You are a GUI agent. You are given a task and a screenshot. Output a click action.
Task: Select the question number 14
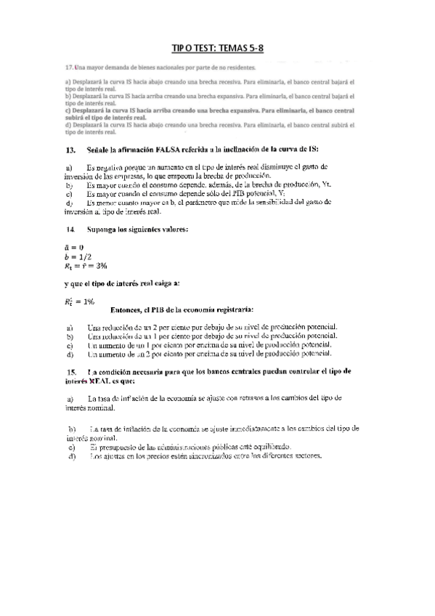coord(70,230)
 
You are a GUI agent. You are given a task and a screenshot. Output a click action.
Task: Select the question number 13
coord(70,150)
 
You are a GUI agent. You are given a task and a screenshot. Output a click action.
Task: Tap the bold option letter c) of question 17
coord(68,110)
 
